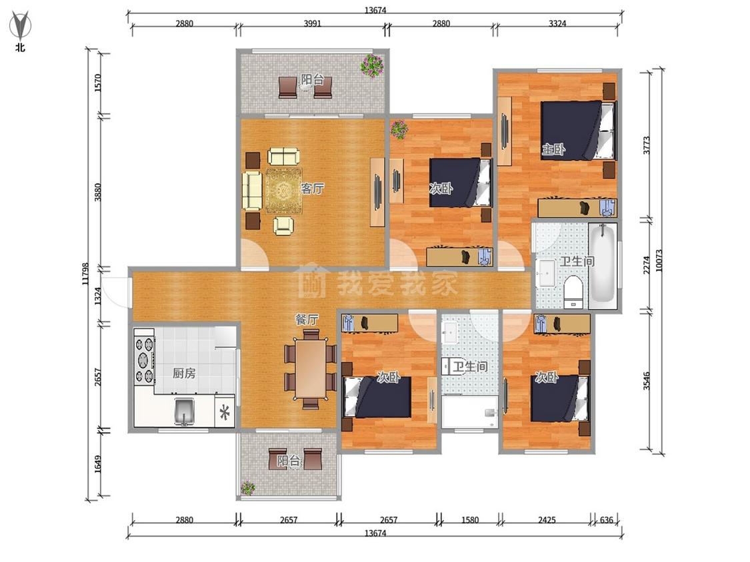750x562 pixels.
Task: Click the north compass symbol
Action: tap(20, 28)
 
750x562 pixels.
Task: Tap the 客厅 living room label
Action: tap(312, 188)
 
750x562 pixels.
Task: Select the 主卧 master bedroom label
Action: tap(553, 150)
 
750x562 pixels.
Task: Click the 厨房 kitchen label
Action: tap(184, 373)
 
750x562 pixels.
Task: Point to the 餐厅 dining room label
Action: tap(307, 319)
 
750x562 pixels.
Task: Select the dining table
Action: tap(311, 368)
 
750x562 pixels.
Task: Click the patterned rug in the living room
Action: tap(284, 190)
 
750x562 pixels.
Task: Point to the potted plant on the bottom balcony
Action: tap(248, 488)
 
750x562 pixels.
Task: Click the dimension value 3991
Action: tap(313, 23)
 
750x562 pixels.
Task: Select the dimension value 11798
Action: tap(85, 274)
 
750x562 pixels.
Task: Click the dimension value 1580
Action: tap(470, 520)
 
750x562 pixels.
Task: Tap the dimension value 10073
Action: tap(659, 261)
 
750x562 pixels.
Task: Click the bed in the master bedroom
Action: tap(577, 130)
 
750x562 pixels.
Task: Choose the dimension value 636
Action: tap(606, 520)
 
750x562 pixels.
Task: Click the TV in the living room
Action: tap(377, 192)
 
